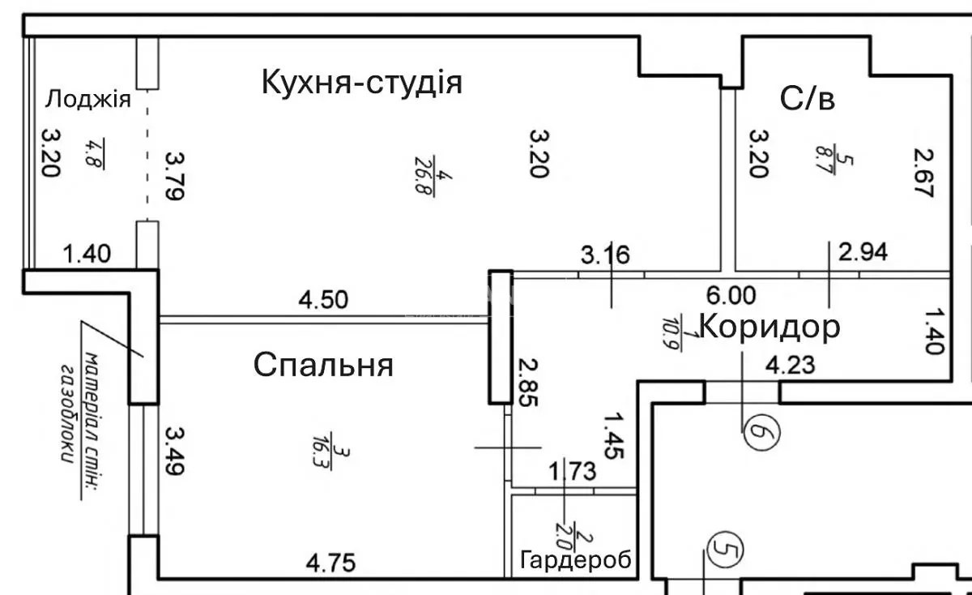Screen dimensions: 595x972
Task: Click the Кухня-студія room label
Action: point(361,83)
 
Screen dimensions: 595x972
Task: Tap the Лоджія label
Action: point(87,100)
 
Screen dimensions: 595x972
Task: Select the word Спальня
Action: point(324,365)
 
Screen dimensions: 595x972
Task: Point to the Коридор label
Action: point(769,327)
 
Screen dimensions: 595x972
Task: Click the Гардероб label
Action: point(576,560)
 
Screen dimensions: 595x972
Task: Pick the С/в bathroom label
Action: point(808,99)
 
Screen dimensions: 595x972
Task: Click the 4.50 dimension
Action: point(323,300)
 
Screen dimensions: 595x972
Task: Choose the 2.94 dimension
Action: point(863,252)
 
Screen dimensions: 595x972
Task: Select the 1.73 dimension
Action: point(572,470)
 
